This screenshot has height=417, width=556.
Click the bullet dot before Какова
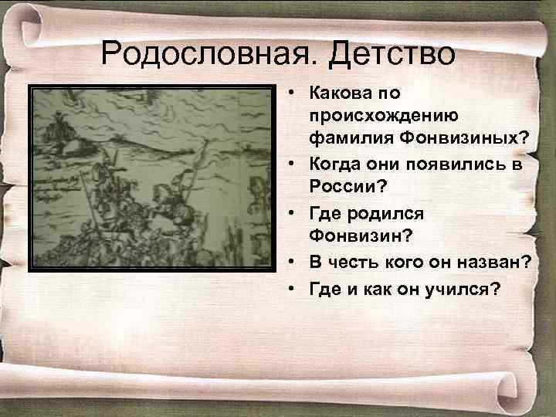click(x=295, y=93)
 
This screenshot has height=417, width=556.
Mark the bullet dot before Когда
click(x=295, y=161)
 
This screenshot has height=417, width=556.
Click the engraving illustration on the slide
click(x=151, y=178)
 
